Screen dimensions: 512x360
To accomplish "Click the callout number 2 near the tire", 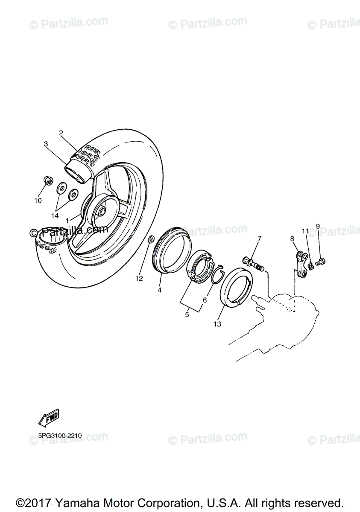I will [61, 133].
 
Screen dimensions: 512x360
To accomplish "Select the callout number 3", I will [46, 144].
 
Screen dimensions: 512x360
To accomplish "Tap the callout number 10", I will [38, 200].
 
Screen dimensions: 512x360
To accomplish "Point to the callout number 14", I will [55, 216].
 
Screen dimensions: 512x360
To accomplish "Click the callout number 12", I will [139, 279].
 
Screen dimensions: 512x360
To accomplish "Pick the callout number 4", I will [159, 290].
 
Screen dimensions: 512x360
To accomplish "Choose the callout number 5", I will [187, 315].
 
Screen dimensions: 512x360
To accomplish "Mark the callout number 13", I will [218, 324].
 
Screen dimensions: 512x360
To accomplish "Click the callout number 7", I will [259, 238].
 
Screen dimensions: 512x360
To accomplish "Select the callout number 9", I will [317, 226].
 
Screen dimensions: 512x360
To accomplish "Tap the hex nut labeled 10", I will [48, 182].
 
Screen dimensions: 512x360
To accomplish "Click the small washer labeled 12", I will [151, 240].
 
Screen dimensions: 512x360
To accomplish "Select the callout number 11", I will [305, 231].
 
